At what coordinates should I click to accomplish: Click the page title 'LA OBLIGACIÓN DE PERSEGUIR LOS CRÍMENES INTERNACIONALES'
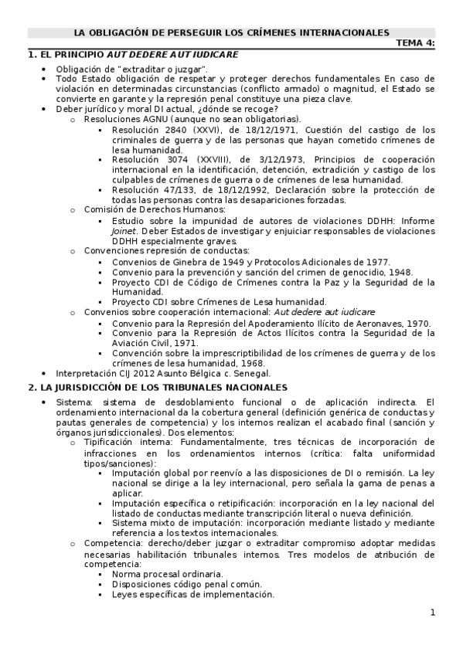tap(232, 33)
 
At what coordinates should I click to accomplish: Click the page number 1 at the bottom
tap(433, 613)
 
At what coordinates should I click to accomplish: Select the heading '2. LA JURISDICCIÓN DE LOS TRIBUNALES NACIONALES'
tap(158, 387)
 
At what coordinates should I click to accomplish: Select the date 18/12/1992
tap(240, 190)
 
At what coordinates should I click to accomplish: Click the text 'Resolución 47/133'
tap(148, 190)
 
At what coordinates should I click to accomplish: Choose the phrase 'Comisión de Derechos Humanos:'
tap(155, 209)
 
